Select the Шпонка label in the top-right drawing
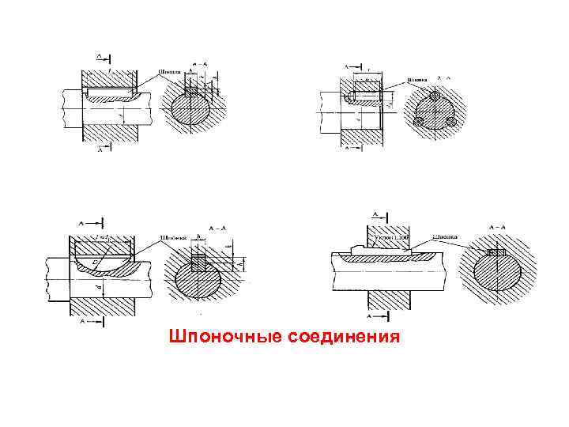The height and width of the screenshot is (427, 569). click(x=418, y=79)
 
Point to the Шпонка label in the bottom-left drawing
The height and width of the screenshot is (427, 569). click(x=173, y=236)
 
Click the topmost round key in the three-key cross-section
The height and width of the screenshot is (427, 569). click(x=434, y=96)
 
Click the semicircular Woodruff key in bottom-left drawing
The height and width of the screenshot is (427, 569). click(x=112, y=263)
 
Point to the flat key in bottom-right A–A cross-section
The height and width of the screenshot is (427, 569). click(x=499, y=252)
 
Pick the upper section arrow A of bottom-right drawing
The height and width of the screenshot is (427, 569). click(x=376, y=214)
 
